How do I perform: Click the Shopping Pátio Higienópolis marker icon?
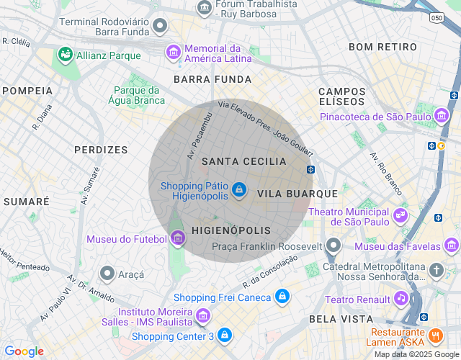point(238,190)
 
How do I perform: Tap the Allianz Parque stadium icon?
point(66,55)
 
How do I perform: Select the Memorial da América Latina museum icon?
point(173,52)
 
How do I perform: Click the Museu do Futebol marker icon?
point(178,239)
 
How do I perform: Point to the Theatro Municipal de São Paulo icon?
point(400,215)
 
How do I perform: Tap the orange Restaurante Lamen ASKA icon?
point(435,336)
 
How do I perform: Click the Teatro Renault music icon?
point(401,298)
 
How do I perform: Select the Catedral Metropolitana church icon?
point(437,271)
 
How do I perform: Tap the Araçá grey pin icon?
point(107,274)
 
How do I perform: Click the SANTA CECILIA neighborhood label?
point(244,162)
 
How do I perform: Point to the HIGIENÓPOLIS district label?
point(231,230)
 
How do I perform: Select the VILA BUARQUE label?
point(297,194)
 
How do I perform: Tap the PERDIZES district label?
point(101,150)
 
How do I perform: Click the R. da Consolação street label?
point(270,271)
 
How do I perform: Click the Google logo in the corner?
point(24,351)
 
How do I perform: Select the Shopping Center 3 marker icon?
point(225,336)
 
